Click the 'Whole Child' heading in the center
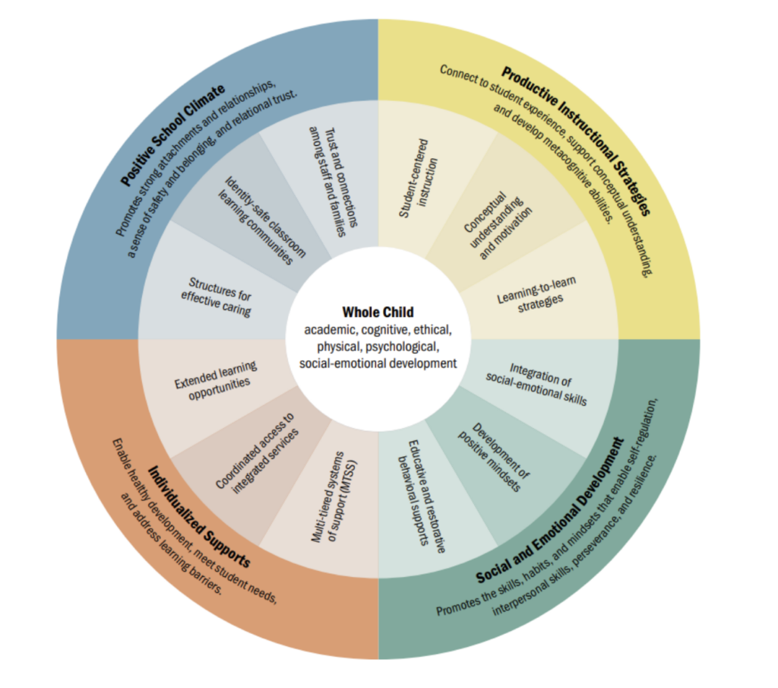point(378,312)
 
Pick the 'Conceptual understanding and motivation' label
point(498,220)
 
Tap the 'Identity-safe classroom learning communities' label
point(258,221)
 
